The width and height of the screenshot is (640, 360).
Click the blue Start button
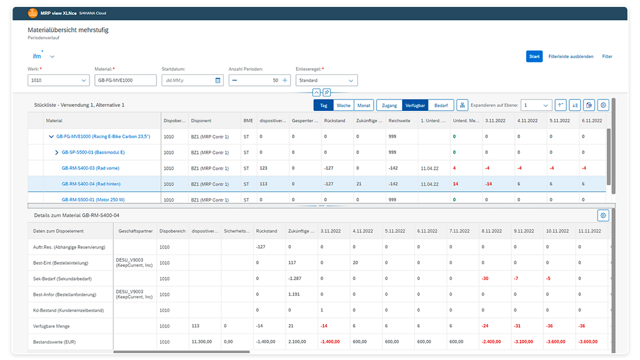(x=534, y=57)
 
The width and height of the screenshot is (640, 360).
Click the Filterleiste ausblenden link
(x=570, y=57)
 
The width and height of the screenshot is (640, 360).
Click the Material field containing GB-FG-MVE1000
(x=125, y=81)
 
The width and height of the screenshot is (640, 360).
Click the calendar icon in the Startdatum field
(x=218, y=81)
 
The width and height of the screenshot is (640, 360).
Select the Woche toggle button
(x=343, y=105)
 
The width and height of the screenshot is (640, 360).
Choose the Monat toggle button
(x=363, y=105)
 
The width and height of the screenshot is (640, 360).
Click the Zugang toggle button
(x=389, y=105)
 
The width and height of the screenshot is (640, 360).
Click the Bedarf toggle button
(x=441, y=105)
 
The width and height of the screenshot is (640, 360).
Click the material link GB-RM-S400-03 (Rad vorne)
(x=90, y=169)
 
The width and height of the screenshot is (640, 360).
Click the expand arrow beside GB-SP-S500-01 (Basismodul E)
(x=57, y=153)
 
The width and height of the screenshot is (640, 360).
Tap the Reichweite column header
(x=399, y=121)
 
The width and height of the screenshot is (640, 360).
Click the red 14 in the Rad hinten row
(x=455, y=184)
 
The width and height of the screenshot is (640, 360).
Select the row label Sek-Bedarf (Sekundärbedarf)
(x=63, y=279)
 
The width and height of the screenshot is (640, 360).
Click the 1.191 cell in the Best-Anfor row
(x=294, y=295)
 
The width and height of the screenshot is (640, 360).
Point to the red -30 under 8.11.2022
(x=485, y=279)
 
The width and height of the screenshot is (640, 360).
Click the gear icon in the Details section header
(x=603, y=215)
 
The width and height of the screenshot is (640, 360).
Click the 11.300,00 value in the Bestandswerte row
(x=203, y=342)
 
